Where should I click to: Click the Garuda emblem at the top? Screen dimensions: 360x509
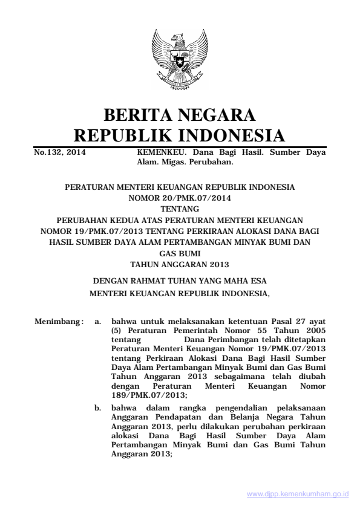[x=180, y=60]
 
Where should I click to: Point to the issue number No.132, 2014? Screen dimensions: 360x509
[x=59, y=154]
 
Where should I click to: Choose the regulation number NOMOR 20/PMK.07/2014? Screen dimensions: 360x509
[x=180, y=197]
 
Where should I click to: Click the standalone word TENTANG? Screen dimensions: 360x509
[x=180, y=207]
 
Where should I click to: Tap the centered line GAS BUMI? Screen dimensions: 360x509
[x=180, y=255]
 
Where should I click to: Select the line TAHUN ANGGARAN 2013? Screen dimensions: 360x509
[x=180, y=265]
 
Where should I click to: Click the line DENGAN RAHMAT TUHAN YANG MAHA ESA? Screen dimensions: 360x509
[x=180, y=281]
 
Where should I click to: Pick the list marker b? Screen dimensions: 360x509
[x=98, y=409]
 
